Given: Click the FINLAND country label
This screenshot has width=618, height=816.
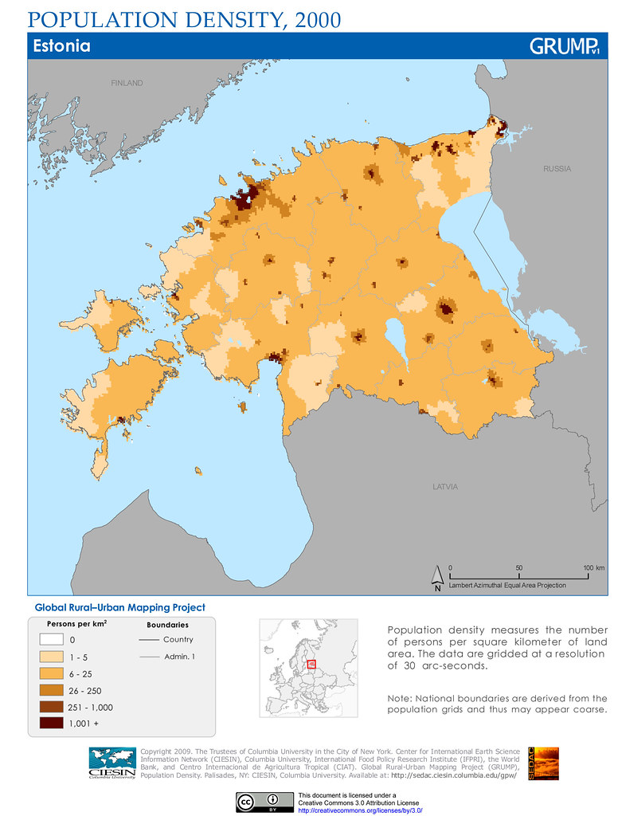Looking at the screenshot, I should tap(127, 84).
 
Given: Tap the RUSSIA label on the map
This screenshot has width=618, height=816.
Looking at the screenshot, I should tap(557, 169).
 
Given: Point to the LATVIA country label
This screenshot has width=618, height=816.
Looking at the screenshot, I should tap(446, 486).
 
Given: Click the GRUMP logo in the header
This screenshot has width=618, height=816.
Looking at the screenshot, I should tap(564, 46).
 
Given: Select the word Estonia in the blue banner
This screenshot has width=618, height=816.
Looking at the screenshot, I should tap(61, 46).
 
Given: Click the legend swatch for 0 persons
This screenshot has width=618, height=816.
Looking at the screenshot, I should tap(51, 640).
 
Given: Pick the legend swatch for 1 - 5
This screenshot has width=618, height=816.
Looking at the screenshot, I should tap(51, 657).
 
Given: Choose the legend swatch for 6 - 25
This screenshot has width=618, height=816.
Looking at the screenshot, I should tap(51, 674).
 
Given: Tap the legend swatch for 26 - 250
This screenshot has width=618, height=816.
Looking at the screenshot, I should tap(51, 691).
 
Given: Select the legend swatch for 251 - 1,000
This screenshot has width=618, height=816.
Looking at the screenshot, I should tap(51, 708).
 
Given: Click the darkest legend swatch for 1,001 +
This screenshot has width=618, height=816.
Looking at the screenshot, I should tap(51, 724).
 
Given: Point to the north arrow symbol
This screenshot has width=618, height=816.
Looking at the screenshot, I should tap(437, 577).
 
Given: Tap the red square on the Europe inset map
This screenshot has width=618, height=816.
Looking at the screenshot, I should tap(311, 664).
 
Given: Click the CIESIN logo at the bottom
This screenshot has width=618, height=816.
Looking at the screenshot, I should tap(112, 763).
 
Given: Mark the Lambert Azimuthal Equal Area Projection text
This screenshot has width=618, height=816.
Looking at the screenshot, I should tap(507, 585).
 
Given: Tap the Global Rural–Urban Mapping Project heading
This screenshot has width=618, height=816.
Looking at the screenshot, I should tap(119, 607).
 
